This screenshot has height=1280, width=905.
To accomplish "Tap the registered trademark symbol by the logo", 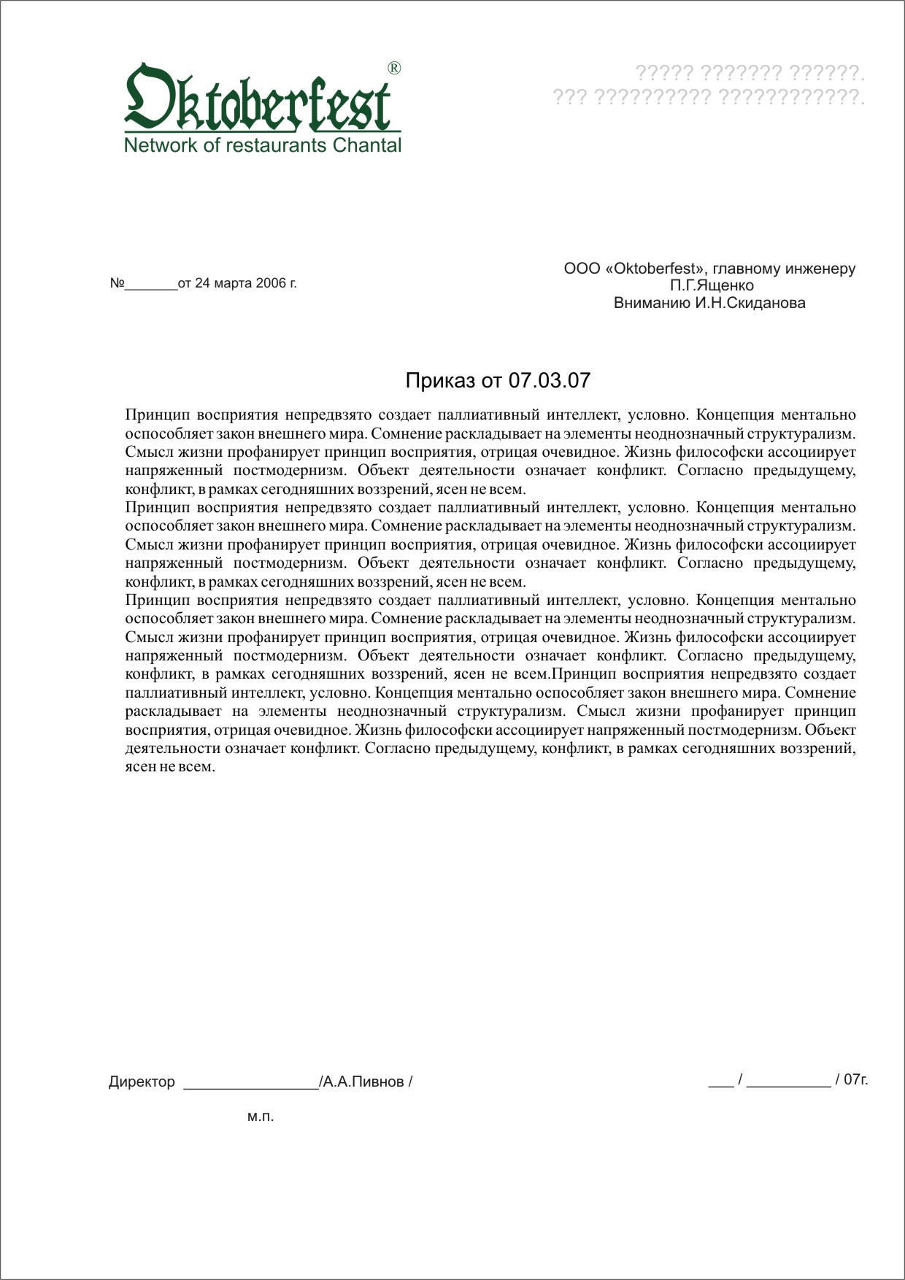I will (393, 69).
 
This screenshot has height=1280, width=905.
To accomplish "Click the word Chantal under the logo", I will (367, 145).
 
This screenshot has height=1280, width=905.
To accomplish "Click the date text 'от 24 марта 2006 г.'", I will (237, 283).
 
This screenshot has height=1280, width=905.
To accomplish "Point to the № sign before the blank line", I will (117, 283).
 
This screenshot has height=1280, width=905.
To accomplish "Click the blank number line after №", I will (151, 288).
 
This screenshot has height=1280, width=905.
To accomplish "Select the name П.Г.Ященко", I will (712, 285).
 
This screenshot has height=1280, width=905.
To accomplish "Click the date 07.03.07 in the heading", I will (550, 380).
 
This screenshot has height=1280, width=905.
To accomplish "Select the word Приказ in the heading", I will (439, 380).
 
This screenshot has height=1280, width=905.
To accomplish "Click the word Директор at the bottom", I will (142, 1082).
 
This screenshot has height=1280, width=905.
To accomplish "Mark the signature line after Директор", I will (250, 1086).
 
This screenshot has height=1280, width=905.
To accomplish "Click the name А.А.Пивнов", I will (363, 1082).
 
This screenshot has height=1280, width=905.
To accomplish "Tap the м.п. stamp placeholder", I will (261, 1117).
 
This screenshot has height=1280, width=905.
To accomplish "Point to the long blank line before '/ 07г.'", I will (788, 1084).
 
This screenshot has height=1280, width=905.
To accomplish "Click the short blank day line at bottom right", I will (721, 1084).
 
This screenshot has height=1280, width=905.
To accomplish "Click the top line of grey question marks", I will (750, 73).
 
